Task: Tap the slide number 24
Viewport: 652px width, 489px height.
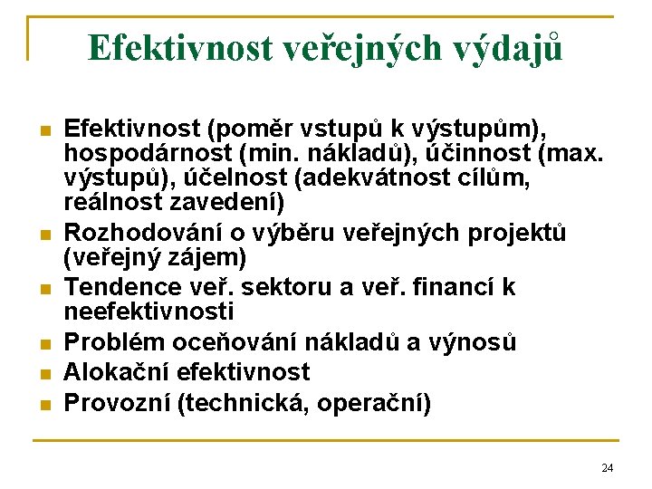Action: tap(607, 467)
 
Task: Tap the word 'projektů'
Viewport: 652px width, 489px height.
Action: tap(517, 234)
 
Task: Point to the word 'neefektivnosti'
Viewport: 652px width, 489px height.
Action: tap(149, 312)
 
